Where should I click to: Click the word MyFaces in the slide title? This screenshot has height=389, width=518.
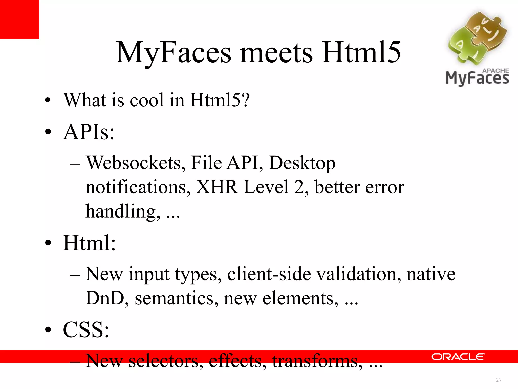pos(174,53)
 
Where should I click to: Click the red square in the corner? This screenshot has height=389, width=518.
pos(19,19)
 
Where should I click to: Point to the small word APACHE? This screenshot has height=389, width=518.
pos(495,71)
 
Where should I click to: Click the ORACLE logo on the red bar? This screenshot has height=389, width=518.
pos(458,357)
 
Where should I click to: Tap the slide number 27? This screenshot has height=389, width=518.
pos(499,380)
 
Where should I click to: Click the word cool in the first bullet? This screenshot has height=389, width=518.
pos(147,100)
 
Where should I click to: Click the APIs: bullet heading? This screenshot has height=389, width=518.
pos(89,132)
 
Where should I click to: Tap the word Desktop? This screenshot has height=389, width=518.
pos(302,163)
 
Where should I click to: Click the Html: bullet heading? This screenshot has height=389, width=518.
pos(89,243)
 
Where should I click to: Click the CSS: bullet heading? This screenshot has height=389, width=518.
pos(86,330)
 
